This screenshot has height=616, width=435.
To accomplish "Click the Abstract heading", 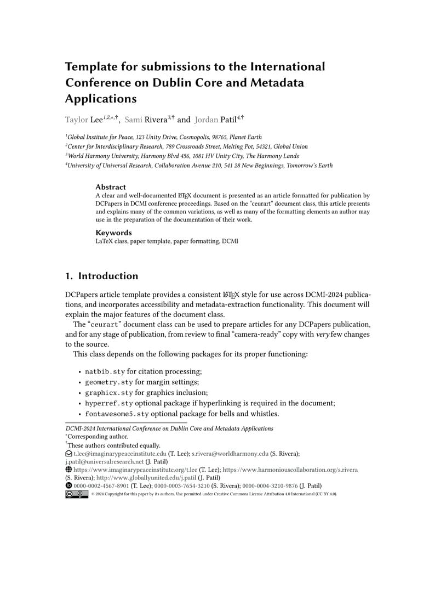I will [x=110, y=187].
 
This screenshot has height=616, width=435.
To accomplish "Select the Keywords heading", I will [x=113, y=233].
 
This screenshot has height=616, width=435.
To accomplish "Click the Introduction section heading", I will [x=101, y=276].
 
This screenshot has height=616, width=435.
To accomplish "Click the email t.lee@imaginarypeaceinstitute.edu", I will [x=120, y=454].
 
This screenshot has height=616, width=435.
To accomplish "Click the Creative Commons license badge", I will [x=76, y=494].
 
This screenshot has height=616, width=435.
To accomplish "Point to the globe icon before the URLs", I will [x=68, y=470].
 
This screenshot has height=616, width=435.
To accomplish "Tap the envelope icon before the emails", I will [x=68, y=454].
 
